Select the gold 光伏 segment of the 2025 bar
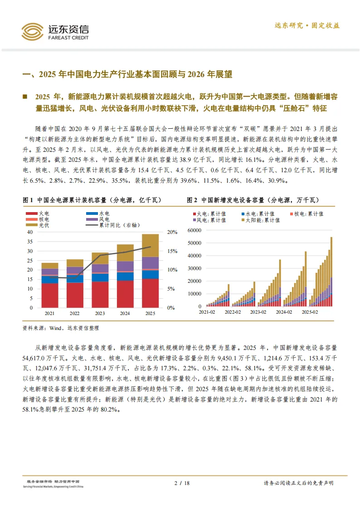click(151, 245)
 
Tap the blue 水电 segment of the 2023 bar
click(100, 277)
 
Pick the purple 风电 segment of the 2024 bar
click(125, 266)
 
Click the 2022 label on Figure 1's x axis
click(75, 313)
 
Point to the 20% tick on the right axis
click(172, 232)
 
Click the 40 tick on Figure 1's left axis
click(30, 232)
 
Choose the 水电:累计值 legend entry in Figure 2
click(257, 214)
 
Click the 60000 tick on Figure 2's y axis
click(194, 230)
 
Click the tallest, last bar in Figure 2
click(331, 271)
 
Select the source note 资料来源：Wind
click(60, 328)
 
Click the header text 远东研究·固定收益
click(307, 26)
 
